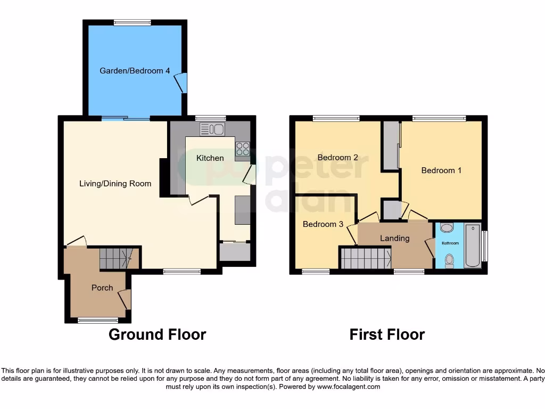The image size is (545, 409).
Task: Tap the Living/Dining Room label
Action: click(x=115, y=184)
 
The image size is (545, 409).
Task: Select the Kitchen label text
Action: click(x=210, y=158)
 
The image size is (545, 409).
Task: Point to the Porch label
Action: click(x=102, y=288)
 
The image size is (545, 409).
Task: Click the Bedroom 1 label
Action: click(x=441, y=170)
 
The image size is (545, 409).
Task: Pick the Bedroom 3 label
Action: click(x=323, y=224)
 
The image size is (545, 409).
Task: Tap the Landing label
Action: click(x=394, y=238)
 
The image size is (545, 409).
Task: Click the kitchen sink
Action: click(x=212, y=129)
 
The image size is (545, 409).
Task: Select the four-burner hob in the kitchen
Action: click(x=242, y=149)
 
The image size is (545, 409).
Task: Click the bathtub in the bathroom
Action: click(x=472, y=246)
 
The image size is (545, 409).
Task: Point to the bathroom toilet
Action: click(x=449, y=260)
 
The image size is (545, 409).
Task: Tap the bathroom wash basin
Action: click(x=447, y=228)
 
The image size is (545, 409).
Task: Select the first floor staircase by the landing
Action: click(x=366, y=258)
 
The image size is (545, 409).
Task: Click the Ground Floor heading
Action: click(x=157, y=334)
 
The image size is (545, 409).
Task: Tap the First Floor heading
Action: click(x=387, y=334)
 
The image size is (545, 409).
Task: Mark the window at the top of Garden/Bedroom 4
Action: click(x=132, y=22)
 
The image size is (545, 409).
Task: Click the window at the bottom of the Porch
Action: click(x=98, y=320)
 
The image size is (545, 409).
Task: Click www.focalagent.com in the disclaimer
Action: click(x=349, y=387)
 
